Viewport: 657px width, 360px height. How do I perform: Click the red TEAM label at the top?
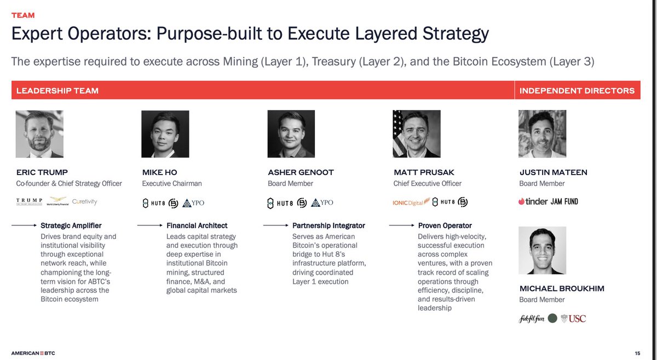[23, 15]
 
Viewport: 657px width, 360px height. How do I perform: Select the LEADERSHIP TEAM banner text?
[57, 90]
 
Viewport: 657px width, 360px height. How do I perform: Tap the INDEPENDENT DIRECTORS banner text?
[577, 90]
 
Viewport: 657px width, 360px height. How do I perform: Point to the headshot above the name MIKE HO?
[165, 134]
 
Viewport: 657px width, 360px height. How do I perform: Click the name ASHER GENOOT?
[301, 172]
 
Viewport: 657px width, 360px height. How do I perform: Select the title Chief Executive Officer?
[428, 184]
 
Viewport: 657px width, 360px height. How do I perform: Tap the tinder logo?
[533, 201]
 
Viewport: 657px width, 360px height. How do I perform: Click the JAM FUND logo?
[564, 201]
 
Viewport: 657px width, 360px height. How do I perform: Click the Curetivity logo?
[84, 202]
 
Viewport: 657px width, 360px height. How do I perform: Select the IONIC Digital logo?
[408, 202]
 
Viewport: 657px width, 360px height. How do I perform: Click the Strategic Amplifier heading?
[71, 225]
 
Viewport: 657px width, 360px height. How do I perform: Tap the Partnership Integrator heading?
[328, 225]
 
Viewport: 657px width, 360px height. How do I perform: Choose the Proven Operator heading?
[445, 225]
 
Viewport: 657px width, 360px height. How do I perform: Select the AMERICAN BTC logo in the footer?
[33, 352]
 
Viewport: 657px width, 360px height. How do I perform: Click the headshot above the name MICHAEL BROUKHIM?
[543, 251]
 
